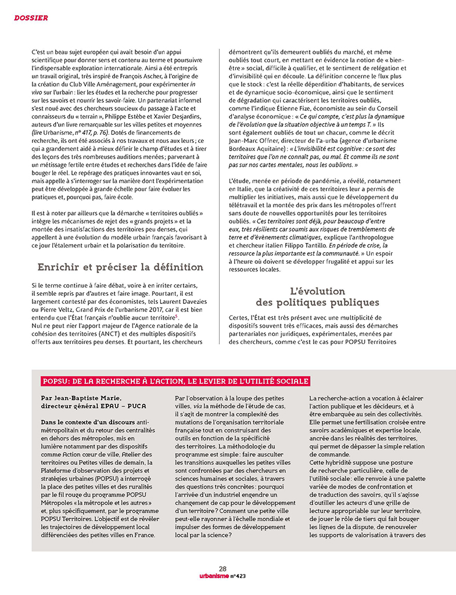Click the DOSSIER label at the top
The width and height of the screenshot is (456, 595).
(31, 18)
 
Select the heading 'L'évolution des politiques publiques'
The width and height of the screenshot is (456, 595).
(317, 296)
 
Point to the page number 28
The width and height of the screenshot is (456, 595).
(222, 568)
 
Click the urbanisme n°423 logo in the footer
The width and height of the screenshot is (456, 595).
(222, 576)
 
